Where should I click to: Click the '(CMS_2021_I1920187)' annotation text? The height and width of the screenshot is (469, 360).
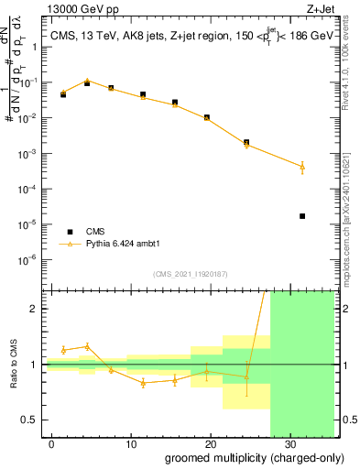tap(190, 273)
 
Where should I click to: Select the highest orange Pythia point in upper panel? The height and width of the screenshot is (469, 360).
tap(87, 81)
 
